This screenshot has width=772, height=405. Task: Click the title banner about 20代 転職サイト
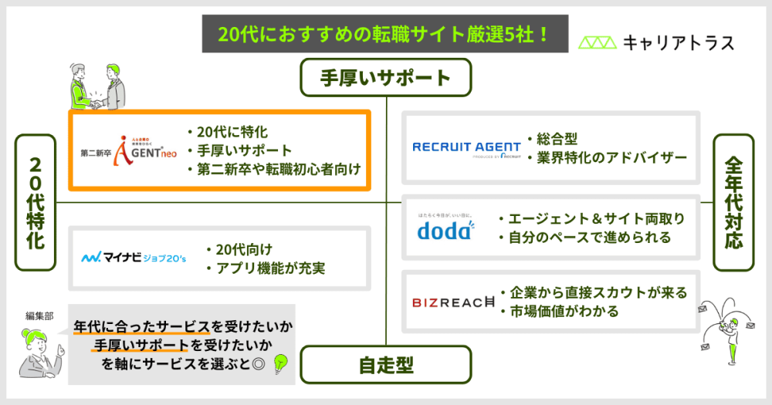(x=384, y=35)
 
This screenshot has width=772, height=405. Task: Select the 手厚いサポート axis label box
(x=385, y=78)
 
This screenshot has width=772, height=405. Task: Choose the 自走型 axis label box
(x=385, y=365)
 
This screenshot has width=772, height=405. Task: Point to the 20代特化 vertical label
(x=36, y=203)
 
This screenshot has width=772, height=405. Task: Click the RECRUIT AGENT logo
(x=468, y=147)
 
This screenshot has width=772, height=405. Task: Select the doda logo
(x=446, y=228)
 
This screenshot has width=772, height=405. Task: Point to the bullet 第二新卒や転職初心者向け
(x=273, y=168)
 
